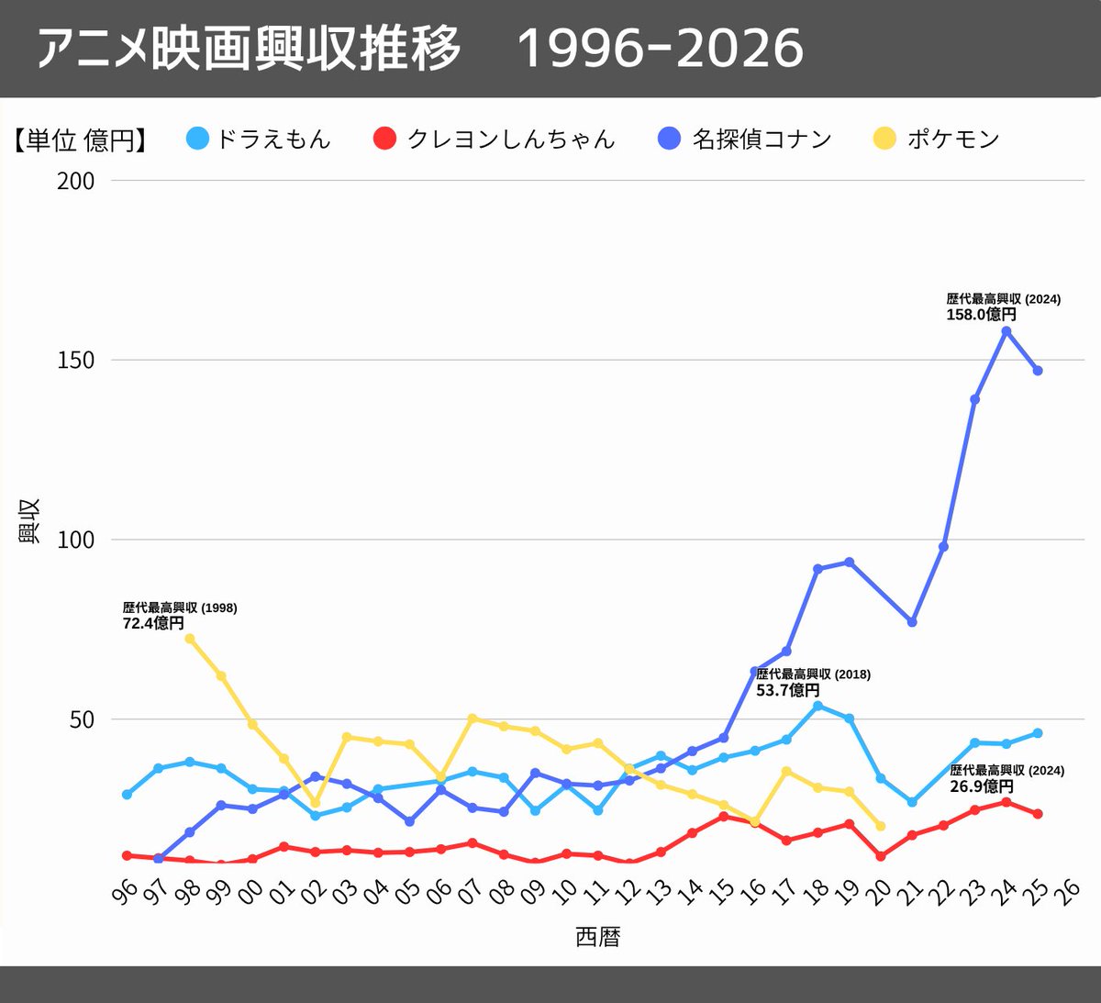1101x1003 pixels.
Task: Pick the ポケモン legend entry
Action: click(x=937, y=139)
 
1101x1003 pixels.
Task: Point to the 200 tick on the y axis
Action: click(x=76, y=181)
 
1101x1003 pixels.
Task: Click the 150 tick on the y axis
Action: click(x=76, y=361)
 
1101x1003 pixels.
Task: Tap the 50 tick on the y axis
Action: click(x=82, y=719)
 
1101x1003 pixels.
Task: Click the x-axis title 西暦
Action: click(x=598, y=937)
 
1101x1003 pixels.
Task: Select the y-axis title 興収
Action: click(x=29, y=522)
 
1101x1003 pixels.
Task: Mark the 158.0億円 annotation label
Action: click(x=982, y=314)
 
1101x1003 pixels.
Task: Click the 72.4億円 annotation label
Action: click(x=153, y=623)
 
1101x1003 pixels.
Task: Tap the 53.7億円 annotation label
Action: click(x=788, y=690)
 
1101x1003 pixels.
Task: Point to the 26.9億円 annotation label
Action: click(x=982, y=786)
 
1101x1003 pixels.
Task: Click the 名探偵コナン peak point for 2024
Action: click(x=1006, y=331)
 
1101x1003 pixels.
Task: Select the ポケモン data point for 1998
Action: click(x=190, y=639)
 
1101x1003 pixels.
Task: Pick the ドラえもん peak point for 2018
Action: click(x=817, y=706)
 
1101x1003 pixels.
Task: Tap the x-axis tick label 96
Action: click(x=126, y=891)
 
